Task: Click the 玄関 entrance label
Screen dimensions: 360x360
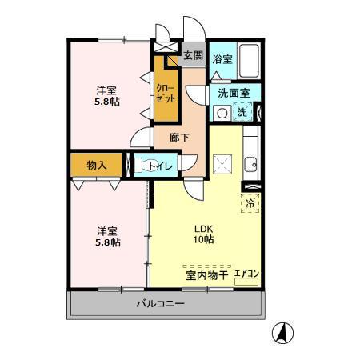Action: point(193,55)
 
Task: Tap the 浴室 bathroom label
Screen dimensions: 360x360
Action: point(222,59)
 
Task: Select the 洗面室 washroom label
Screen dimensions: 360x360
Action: point(234,93)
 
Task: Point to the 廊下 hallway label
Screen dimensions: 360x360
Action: point(180,137)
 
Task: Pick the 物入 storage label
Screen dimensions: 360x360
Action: point(97,164)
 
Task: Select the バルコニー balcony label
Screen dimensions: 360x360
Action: point(160,304)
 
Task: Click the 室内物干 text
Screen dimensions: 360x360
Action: point(207,275)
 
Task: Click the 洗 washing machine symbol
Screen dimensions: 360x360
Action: point(242,113)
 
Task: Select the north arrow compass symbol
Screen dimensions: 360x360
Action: point(283,330)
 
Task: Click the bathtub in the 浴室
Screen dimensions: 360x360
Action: point(248,59)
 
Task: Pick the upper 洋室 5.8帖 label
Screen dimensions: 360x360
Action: point(107,96)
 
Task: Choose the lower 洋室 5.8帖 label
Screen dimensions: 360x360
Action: point(107,235)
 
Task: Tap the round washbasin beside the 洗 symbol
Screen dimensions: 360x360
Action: point(219,113)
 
